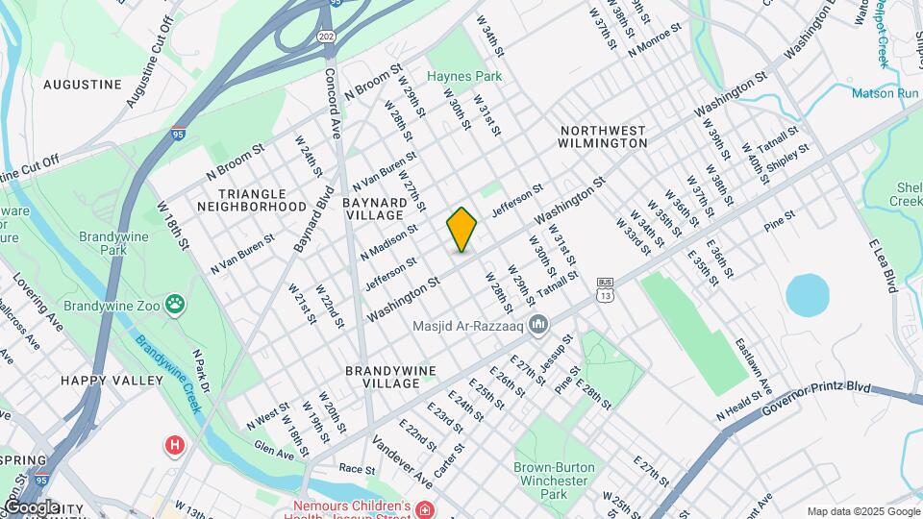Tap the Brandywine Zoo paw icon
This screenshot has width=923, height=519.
click(176, 305)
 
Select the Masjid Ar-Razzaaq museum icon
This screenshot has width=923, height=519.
click(537, 323)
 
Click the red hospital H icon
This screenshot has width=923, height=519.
click(174, 445)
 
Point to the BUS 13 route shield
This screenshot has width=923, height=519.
click(604, 288)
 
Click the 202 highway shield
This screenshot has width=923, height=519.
click(326, 37)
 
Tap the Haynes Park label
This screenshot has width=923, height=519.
click(464, 76)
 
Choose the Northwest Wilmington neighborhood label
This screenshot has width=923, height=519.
click(603, 136)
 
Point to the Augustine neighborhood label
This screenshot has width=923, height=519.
click(83, 85)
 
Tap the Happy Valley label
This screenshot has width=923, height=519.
click(112, 381)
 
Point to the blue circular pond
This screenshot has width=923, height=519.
click(807, 295)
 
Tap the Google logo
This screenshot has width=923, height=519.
click(31, 507)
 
